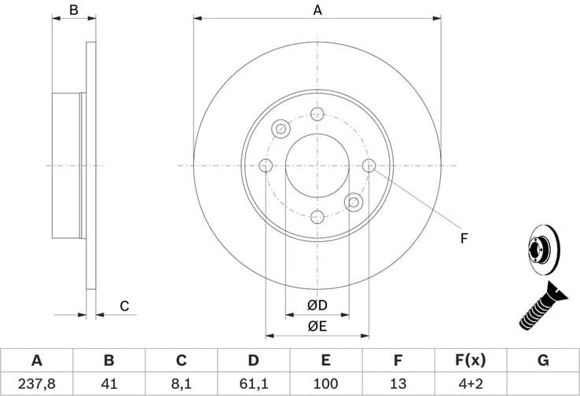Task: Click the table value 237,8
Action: [x=36, y=384]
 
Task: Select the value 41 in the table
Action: [x=109, y=384]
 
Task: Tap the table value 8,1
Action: [x=181, y=384]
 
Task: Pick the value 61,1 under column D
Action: [x=253, y=384]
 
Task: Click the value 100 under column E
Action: [x=325, y=384]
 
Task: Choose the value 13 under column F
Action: [x=398, y=384]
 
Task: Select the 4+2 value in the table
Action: [x=470, y=384]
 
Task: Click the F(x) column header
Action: [x=470, y=361]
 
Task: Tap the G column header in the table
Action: [x=542, y=361]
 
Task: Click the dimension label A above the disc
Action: [x=318, y=10]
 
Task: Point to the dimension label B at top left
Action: [x=73, y=10]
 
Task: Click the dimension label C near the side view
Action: [x=124, y=306]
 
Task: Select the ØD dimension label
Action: [x=317, y=305]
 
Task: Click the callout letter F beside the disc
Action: [x=464, y=239]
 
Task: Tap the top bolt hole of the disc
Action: [x=318, y=115]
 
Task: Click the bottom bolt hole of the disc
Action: [x=318, y=217]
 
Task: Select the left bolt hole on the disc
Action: [x=266, y=166]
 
